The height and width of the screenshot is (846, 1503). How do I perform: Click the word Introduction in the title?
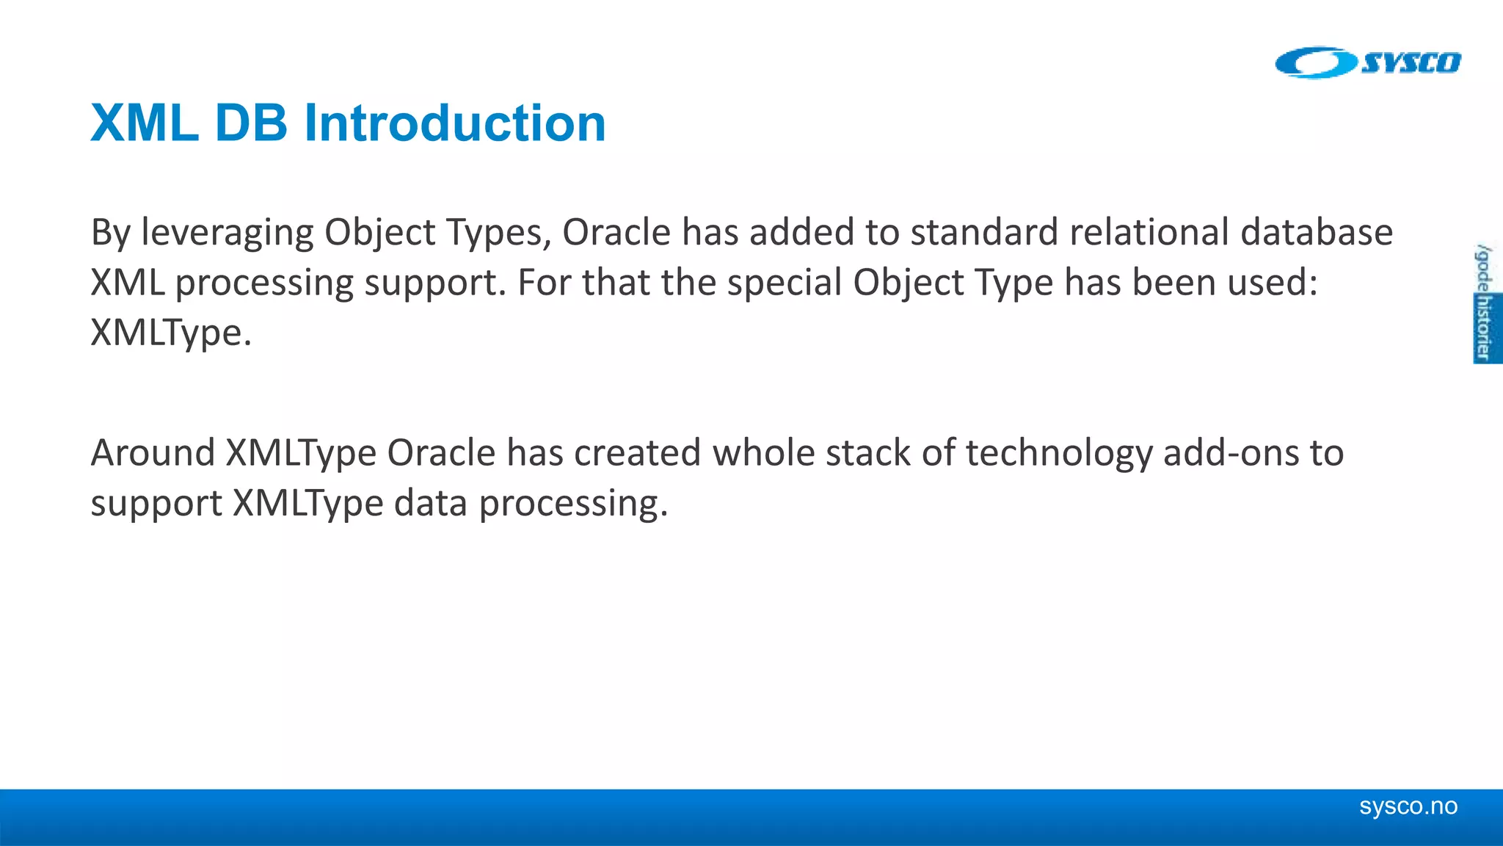point(455,123)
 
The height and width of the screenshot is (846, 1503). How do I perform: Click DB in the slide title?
point(250,123)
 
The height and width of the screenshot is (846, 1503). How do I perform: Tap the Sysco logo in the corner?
point(1367,63)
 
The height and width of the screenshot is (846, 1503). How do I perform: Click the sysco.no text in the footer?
point(1408,806)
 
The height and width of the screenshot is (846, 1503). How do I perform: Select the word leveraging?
point(227,234)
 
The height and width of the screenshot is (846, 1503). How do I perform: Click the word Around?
point(153,452)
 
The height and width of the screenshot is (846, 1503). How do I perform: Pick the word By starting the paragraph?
point(110,234)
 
